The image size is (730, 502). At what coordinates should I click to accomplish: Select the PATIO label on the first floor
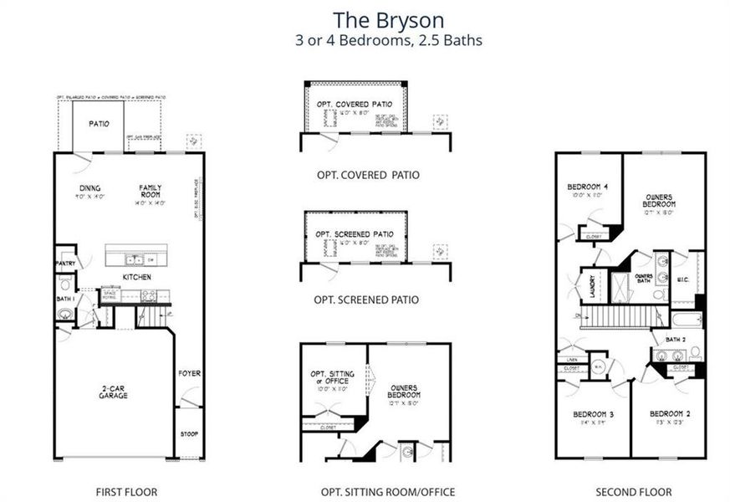[x=100, y=124]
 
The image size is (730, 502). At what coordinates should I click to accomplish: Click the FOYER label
[x=190, y=373]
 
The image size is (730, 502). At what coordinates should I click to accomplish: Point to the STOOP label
[x=190, y=434]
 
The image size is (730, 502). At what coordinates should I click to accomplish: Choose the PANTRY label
[x=66, y=264]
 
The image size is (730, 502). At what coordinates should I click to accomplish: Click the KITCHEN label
[x=136, y=277]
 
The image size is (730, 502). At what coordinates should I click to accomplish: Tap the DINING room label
[x=90, y=188]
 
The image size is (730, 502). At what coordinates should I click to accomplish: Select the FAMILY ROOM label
[x=151, y=192]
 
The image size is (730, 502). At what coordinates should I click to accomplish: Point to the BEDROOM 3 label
[x=592, y=415]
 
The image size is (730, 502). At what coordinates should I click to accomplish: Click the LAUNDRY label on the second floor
[x=593, y=284]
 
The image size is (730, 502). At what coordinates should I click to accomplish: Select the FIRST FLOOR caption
[x=127, y=492]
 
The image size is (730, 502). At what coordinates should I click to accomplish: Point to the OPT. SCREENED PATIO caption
[x=366, y=300]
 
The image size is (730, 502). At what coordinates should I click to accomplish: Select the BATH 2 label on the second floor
[x=676, y=339]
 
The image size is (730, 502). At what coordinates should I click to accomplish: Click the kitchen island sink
[x=135, y=260]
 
